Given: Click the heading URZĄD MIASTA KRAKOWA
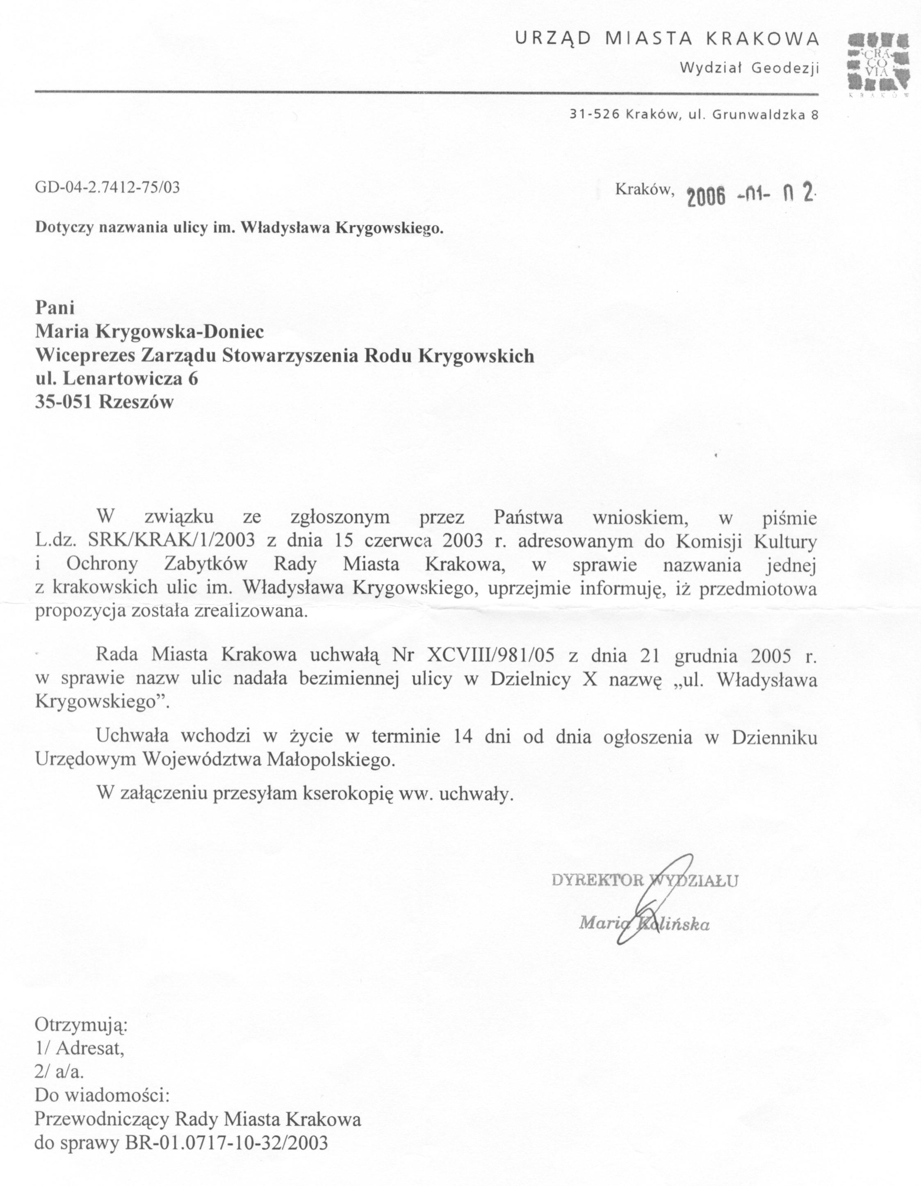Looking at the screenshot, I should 667,39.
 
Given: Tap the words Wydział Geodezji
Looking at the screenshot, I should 750,68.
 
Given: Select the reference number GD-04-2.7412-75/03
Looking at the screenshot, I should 107,187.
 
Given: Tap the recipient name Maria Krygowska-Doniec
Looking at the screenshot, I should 150,331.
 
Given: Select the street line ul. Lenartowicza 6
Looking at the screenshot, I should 117,378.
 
